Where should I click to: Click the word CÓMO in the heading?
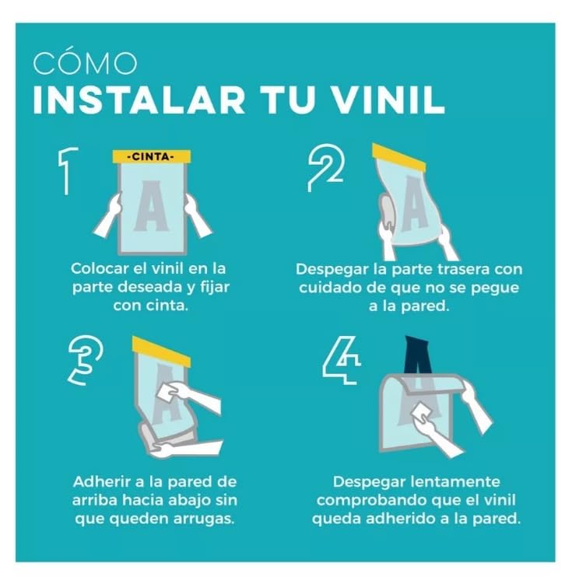(x=85, y=64)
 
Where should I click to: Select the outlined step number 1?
(x=68, y=170)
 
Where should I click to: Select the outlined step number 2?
(x=325, y=167)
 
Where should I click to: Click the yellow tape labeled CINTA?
(x=152, y=157)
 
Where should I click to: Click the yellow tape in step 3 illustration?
(x=161, y=351)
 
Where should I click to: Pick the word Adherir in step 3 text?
(x=100, y=482)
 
